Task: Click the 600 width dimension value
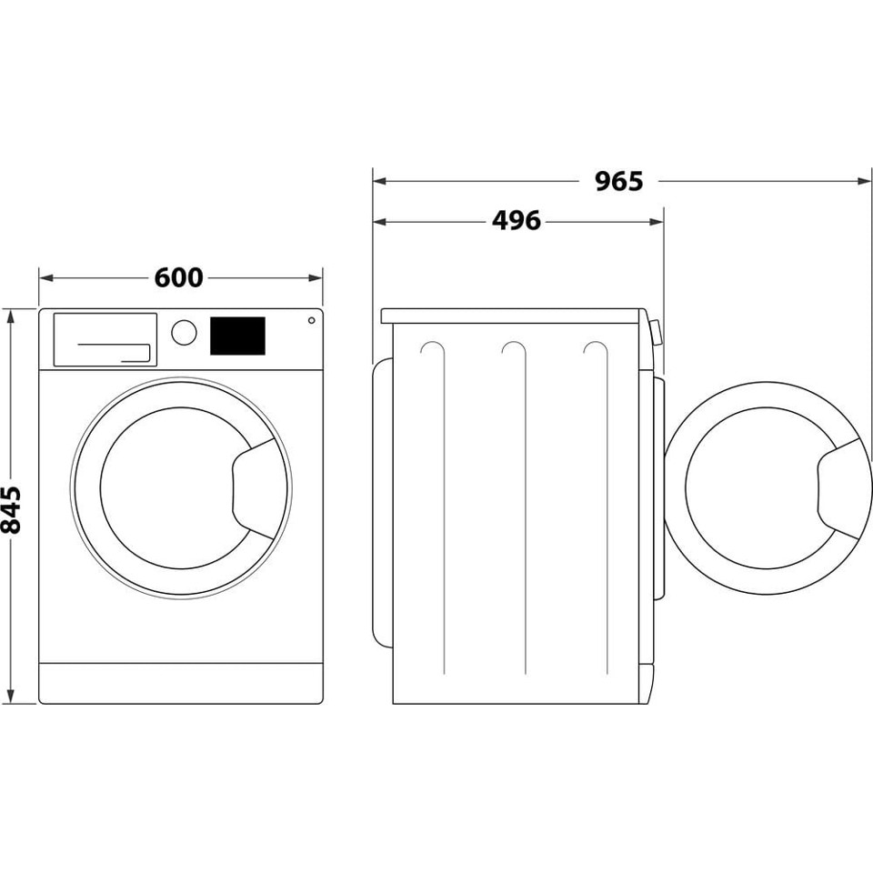[178, 277]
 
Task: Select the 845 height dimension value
[12, 508]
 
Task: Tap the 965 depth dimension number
[618, 181]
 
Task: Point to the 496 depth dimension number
[516, 221]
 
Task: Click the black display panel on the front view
[237, 336]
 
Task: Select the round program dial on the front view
[184, 332]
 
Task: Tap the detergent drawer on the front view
[105, 339]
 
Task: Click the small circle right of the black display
[311, 320]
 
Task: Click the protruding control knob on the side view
[654, 331]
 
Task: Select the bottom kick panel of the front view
[181, 682]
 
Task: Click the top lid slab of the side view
[514, 316]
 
